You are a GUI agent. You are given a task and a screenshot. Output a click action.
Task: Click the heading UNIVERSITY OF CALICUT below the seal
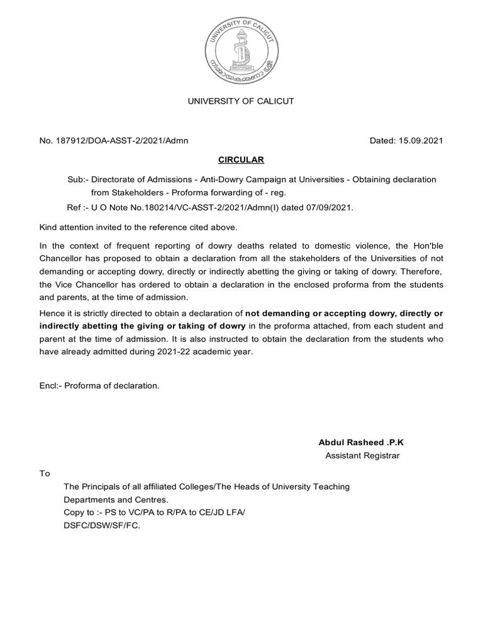(x=241, y=101)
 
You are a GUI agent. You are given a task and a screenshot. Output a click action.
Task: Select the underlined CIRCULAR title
(x=241, y=159)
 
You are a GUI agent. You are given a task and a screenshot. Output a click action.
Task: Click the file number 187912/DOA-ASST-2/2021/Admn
(x=123, y=141)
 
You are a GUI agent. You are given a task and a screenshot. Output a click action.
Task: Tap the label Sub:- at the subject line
(x=77, y=180)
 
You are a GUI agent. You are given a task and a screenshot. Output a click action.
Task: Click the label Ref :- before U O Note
(x=77, y=207)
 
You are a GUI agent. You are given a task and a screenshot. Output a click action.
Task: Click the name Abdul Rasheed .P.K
(x=362, y=443)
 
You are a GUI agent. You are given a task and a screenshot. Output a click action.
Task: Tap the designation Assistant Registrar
(x=362, y=456)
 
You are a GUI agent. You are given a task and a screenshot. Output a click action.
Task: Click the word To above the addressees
(x=45, y=473)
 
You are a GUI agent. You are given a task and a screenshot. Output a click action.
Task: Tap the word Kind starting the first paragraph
(x=49, y=226)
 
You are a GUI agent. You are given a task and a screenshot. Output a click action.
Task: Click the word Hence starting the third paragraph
(x=52, y=312)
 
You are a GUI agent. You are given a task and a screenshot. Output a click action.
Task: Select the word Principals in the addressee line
(x=102, y=487)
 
